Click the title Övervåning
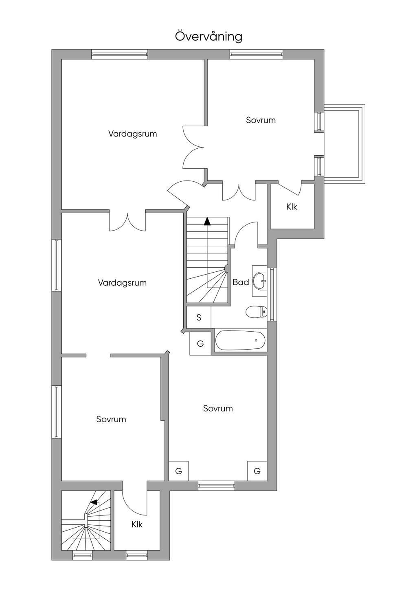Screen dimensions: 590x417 tap(208, 37)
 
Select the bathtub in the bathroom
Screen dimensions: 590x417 tap(240, 340)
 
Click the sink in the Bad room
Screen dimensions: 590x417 tap(259, 280)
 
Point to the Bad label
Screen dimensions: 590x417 tap(241, 282)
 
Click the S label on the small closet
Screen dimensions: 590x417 tap(199, 317)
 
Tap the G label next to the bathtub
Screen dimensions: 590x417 tap(200, 343)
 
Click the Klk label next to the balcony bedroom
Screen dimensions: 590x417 tap(292, 207)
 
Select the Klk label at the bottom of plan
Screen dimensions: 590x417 tap(137, 524)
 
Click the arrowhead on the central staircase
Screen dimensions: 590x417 tap(207, 221)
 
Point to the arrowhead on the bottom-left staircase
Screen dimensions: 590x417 tap(94, 502)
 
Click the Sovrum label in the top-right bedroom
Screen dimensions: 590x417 tap(261, 120)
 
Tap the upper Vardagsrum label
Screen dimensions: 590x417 tap(132, 134)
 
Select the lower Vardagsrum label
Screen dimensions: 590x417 tap(122, 283)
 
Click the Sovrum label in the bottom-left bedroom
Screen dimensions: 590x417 tap(111, 419)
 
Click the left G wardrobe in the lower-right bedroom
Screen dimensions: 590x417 tap(178, 471)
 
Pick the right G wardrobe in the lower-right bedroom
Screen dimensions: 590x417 tap(257, 471)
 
